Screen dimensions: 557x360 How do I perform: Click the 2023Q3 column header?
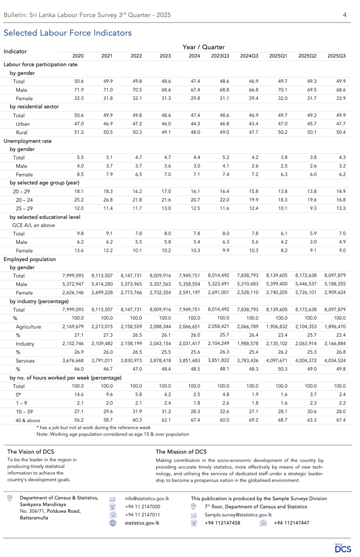(220, 56)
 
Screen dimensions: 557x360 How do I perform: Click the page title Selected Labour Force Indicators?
(68, 33)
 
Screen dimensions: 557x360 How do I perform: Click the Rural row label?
(21, 133)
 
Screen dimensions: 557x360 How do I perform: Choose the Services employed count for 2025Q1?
(277, 360)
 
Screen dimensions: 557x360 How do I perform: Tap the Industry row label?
(25, 344)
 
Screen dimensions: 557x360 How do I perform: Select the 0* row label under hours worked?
(18, 395)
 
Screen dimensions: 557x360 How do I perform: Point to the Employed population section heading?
(30, 259)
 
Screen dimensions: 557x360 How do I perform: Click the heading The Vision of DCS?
(31, 452)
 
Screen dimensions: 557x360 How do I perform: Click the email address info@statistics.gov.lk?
(146, 498)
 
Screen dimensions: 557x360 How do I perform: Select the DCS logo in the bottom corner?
(343, 547)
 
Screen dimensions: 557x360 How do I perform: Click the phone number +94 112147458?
(222, 523)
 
